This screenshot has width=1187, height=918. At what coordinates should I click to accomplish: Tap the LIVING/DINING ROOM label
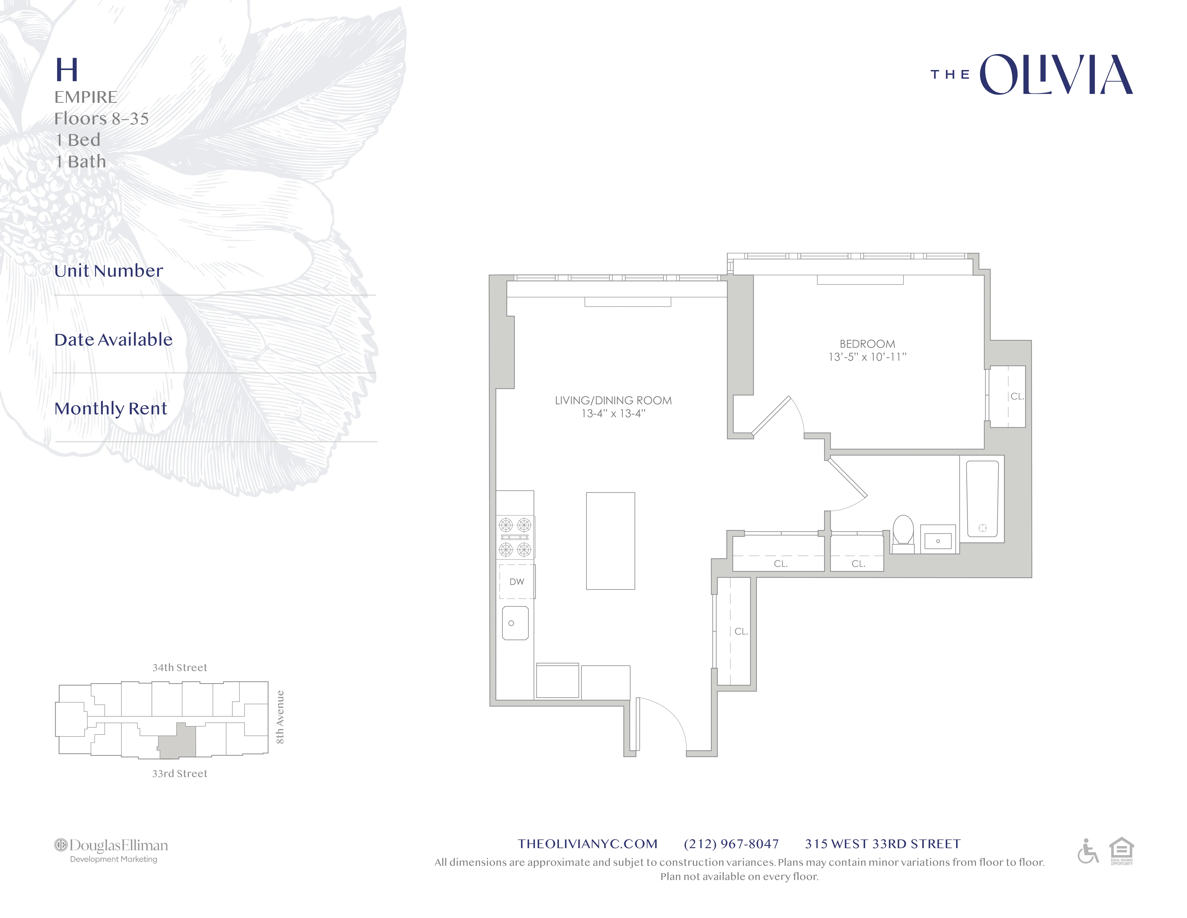[x=613, y=400]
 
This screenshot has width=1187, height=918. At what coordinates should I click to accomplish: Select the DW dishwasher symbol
[x=516, y=581]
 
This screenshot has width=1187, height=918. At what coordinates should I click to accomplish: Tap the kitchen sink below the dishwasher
[x=515, y=623]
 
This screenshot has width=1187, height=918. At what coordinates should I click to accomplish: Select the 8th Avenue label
[x=280, y=717]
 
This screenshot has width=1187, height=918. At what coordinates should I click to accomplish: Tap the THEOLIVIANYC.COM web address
[x=588, y=843]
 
